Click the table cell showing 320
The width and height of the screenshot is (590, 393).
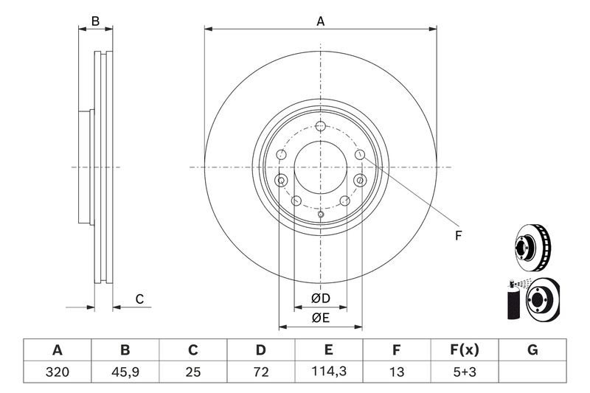pyautogui.click(x=57, y=371)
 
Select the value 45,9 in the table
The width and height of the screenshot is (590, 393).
pyautogui.click(x=125, y=371)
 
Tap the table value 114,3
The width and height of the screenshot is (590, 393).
pyautogui.click(x=328, y=371)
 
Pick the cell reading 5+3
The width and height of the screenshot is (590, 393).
pyautogui.click(x=465, y=371)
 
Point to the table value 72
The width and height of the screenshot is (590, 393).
pyautogui.click(x=260, y=371)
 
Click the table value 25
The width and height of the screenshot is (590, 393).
pyautogui.click(x=192, y=371)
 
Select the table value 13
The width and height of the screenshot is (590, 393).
pyautogui.click(x=396, y=371)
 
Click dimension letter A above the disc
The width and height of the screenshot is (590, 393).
pyautogui.click(x=321, y=22)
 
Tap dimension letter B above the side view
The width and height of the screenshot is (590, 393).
pyautogui.click(x=95, y=21)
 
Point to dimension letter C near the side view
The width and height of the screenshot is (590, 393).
pyautogui.click(x=138, y=299)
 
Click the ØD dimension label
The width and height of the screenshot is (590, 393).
pyautogui.click(x=320, y=298)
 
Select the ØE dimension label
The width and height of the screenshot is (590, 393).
pyautogui.click(x=320, y=318)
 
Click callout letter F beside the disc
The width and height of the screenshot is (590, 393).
pyautogui.click(x=458, y=236)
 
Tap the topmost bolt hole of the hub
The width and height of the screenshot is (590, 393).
pyautogui.click(x=320, y=125)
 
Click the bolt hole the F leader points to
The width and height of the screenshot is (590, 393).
pyautogui.click(x=359, y=155)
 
